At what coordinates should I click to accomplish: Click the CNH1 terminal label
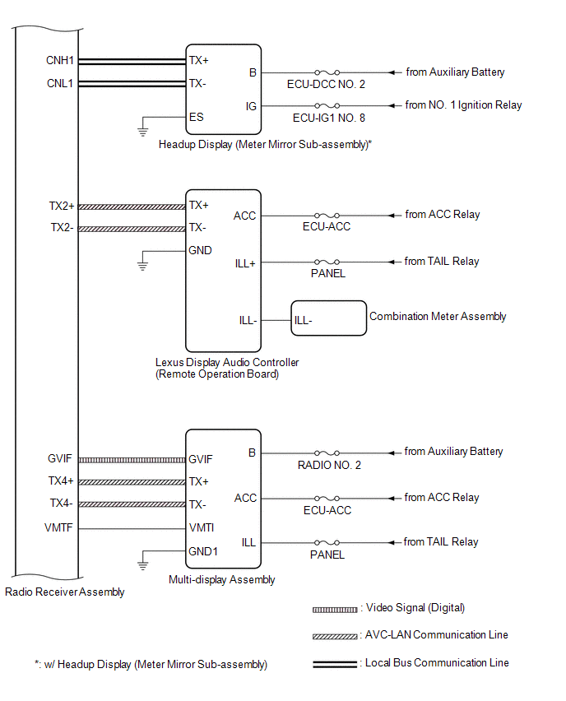(x=59, y=60)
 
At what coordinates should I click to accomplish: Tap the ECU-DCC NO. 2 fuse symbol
(x=327, y=72)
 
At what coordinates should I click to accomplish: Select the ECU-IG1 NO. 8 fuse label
(x=328, y=118)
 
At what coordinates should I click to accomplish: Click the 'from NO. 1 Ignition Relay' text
(x=463, y=105)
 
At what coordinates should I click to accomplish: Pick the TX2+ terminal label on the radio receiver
(x=61, y=206)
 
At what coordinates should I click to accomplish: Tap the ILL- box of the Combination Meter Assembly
(x=328, y=318)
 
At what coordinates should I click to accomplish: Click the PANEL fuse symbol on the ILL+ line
(x=327, y=262)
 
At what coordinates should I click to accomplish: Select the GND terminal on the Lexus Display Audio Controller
(x=200, y=250)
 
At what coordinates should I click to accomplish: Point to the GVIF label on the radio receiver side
(x=59, y=458)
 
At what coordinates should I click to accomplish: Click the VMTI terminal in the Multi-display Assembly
(x=202, y=527)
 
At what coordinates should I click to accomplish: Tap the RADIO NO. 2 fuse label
(x=329, y=465)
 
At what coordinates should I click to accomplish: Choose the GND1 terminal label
(x=203, y=551)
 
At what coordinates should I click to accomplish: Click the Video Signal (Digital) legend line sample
(x=335, y=610)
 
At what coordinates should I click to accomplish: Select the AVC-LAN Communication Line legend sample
(x=335, y=637)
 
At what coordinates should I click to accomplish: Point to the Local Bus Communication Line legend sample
(x=335, y=664)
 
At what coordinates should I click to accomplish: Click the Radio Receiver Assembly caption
(x=65, y=592)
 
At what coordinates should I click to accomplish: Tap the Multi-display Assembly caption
(x=222, y=579)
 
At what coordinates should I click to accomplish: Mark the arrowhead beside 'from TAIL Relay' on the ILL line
(x=392, y=543)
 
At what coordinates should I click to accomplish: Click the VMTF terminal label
(x=58, y=527)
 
